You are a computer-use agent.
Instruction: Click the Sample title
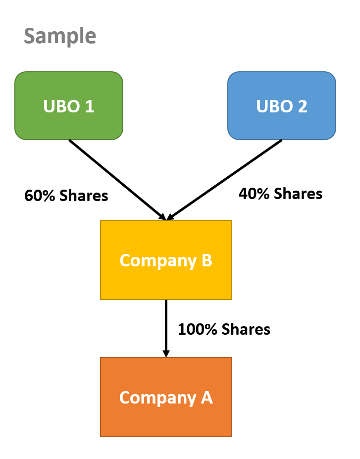point(60,36)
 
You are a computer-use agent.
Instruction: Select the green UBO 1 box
point(69,105)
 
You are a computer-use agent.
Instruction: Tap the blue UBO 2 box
point(282,105)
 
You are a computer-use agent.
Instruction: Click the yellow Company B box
point(166,260)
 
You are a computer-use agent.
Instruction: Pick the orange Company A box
point(166,397)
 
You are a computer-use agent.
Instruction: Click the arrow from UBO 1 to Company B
point(117,179)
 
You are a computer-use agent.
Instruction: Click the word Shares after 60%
point(84,196)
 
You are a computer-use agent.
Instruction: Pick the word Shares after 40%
point(298,194)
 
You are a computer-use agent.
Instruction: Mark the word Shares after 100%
point(246,329)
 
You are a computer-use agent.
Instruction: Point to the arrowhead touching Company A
point(166,354)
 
